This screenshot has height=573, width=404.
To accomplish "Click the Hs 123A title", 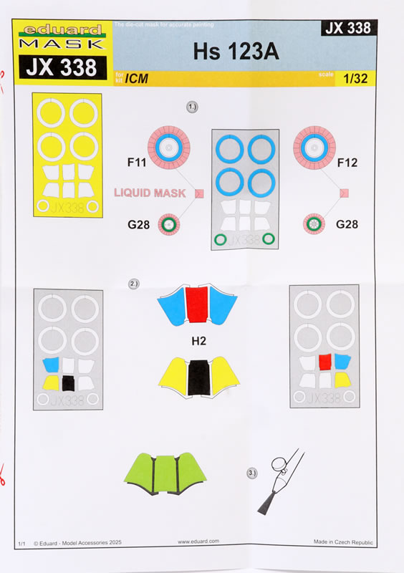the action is click(x=236, y=52).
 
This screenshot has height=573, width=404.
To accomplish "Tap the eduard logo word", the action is click(x=62, y=29).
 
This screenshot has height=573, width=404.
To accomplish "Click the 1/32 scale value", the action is click(x=355, y=78).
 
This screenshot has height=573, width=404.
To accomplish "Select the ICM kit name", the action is click(x=136, y=78).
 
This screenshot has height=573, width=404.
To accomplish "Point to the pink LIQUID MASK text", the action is click(x=150, y=193).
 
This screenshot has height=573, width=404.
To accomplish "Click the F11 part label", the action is click(x=137, y=162).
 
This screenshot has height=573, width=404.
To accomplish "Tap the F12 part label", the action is click(x=347, y=163).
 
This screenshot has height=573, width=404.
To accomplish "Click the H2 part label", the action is click(x=198, y=341).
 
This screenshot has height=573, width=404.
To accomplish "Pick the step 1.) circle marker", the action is click(x=192, y=107).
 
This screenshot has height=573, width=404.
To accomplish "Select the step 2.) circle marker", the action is click(x=133, y=284).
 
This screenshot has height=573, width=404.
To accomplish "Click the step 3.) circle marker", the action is click(x=252, y=473).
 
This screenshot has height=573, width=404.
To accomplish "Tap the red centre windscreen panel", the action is click(x=197, y=304).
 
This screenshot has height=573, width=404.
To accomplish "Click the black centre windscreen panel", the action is click(x=199, y=377).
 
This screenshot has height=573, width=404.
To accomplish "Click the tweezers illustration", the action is click(x=280, y=481).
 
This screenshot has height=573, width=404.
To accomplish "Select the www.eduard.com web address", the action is click(x=198, y=541).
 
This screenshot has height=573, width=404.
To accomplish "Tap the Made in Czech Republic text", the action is click(x=343, y=542).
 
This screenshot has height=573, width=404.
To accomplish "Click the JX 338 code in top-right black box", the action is click(x=348, y=28).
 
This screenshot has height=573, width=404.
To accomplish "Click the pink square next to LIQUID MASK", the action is click(x=199, y=193).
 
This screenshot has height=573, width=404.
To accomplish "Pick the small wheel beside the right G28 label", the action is click(x=314, y=223).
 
